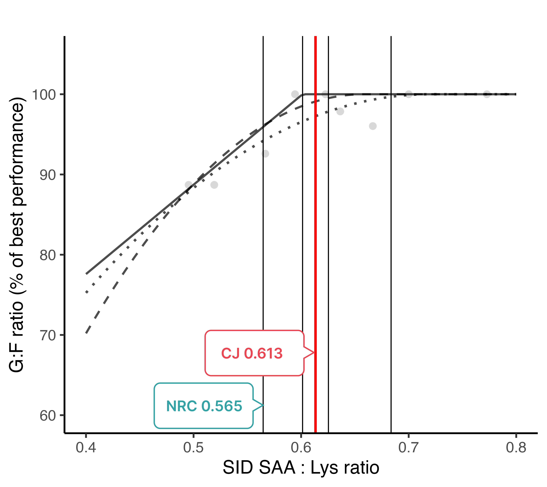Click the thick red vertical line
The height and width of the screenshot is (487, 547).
[x=316, y=214]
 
